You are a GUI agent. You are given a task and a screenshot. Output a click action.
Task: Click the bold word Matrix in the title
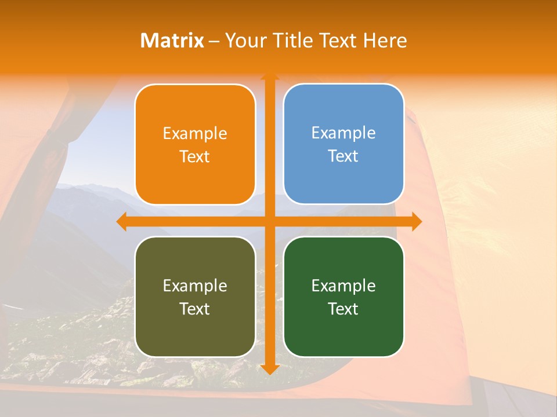pos(172,41)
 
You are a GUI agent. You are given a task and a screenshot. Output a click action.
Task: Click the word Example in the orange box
pos(195,134)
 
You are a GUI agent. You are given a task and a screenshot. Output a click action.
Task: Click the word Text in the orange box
pos(195,157)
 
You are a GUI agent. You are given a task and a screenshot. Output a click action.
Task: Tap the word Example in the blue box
pos(343,133)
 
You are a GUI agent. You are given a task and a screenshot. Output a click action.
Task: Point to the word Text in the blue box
pos(343,156)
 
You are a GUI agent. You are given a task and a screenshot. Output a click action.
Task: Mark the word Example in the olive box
pos(195,286)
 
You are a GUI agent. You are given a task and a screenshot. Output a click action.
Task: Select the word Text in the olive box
pos(195,309)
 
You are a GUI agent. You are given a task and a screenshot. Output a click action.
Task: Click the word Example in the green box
pos(343,286)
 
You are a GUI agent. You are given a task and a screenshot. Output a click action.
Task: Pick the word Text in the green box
pos(343,309)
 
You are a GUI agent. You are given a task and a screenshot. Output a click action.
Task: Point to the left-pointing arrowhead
pos(122,221)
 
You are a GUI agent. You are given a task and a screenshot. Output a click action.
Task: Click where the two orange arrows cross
pos(269,221)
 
